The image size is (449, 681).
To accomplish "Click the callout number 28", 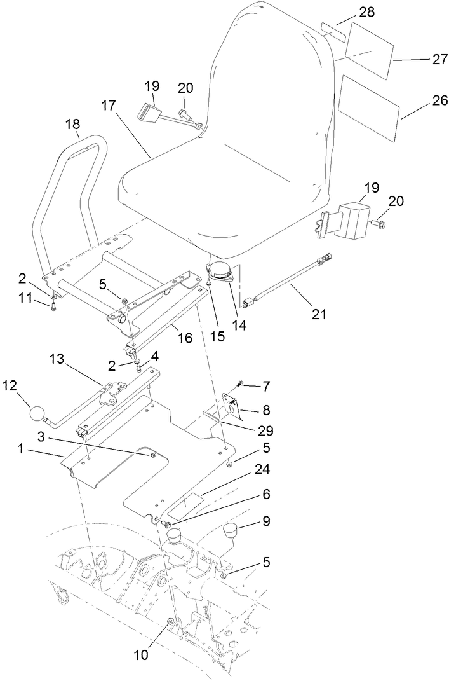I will [366, 11].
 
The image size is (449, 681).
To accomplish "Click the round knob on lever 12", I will [39, 415].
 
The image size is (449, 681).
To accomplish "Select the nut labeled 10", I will [170, 621].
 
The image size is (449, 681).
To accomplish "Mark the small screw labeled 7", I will [241, 383].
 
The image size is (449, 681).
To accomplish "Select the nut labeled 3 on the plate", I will [152, 454].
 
